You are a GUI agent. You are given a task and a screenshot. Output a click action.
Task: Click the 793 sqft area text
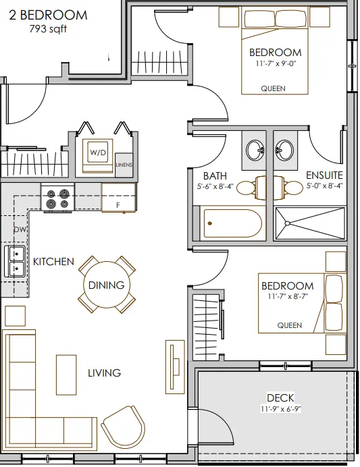coord(48,29)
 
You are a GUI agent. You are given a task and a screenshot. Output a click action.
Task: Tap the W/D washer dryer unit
coord(98,155)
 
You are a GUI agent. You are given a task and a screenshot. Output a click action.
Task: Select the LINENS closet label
coord(124,165)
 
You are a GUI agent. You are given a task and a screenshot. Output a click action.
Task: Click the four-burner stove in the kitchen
coord(57,198)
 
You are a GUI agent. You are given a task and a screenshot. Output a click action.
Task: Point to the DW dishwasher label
coord(20,229)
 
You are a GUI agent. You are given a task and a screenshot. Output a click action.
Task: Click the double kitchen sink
coord(14,261)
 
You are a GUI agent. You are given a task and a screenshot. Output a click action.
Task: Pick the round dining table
coord(107,285)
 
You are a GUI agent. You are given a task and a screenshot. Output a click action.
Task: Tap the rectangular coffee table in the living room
coord(66,375)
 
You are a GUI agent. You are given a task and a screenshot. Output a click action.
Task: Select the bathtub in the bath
coord(232,223)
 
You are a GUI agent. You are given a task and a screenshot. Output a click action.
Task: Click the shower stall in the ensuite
coord(310,223)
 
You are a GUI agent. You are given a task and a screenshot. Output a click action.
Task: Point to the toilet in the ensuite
coord(288,188)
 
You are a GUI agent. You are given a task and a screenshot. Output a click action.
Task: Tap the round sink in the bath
coord(256,150)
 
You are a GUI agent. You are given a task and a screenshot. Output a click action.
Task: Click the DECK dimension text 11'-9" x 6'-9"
coord(280,409)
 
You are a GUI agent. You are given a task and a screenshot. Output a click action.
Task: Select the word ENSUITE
coord(324,175)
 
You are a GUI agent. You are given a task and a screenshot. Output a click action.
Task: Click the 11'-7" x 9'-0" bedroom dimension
coord(276,63)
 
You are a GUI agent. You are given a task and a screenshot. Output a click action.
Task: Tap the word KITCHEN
coord(53,261)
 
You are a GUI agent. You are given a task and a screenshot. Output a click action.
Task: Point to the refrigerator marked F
coord(119,198)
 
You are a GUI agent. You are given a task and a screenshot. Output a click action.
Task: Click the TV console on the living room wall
coord(175,366)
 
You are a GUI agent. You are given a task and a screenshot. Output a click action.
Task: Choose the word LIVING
coord(104,373)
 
